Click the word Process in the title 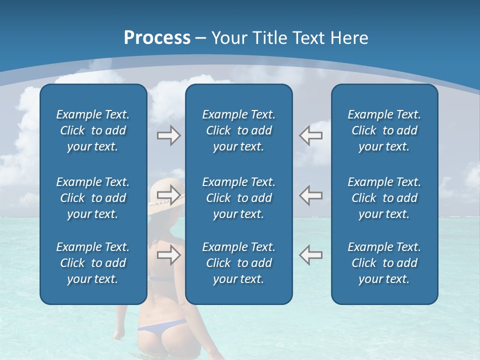click(x=157, y=38)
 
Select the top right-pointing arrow click(x=168, y=135)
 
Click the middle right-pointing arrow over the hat click(x=168, y=195)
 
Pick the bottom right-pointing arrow click(x=168, y=255)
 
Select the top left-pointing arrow click(x=311, y=135)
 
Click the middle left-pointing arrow click(x=311, y=195)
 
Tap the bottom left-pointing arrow click(x=311, y=255)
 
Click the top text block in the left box click(x=93, y=130)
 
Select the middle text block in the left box click(x=93, y=198)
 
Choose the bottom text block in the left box click(x=93, y=263)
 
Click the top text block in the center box click(x=238, y=130)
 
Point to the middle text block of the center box click(x=238, y=198)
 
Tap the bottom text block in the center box click(x=238, y=263)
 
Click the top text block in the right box click(x=384, y=130)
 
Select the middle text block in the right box click(x=384, y=198)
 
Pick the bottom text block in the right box click(x=384, y=263)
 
